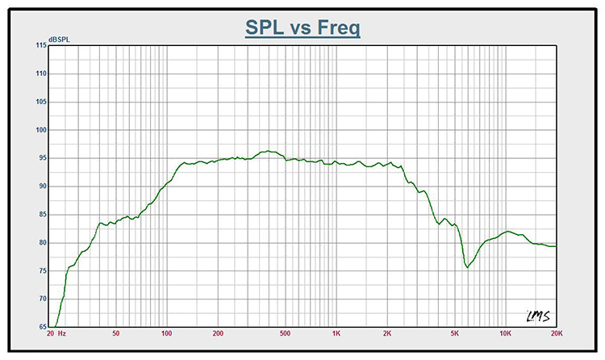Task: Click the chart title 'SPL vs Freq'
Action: click(x=302, y=28)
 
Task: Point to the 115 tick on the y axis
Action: click(x=40, y=45)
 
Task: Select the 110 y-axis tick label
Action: click(x=40, y=73)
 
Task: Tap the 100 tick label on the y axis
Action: click(x=40, y=130)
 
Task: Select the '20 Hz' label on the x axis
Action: click(x=57, y=333)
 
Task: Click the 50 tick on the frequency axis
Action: click(x=116, y=333)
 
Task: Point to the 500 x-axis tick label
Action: click(x=285, y=333)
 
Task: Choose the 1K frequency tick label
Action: click(x=336, y=333)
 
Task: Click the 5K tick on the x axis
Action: click(x=454, y=333)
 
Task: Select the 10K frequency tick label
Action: click(x=505, y=333)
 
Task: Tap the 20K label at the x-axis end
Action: click(x=555, y=333)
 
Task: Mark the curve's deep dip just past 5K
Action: click(x=467, y=266)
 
